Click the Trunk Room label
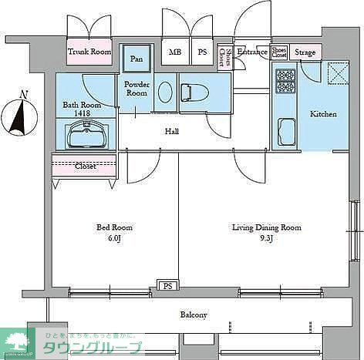pos(89,52)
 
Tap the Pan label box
pos(136,59)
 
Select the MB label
pos(176,52)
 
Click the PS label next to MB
pos(202,52)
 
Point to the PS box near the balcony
pos(167,285)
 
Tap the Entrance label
pos(251,52)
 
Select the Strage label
pos(305,52)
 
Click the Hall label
pos(172,132)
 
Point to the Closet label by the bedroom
pos(85,165)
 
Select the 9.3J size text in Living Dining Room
pos(266,239)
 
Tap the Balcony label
pos(194,315)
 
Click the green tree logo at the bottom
pos(16,339)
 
